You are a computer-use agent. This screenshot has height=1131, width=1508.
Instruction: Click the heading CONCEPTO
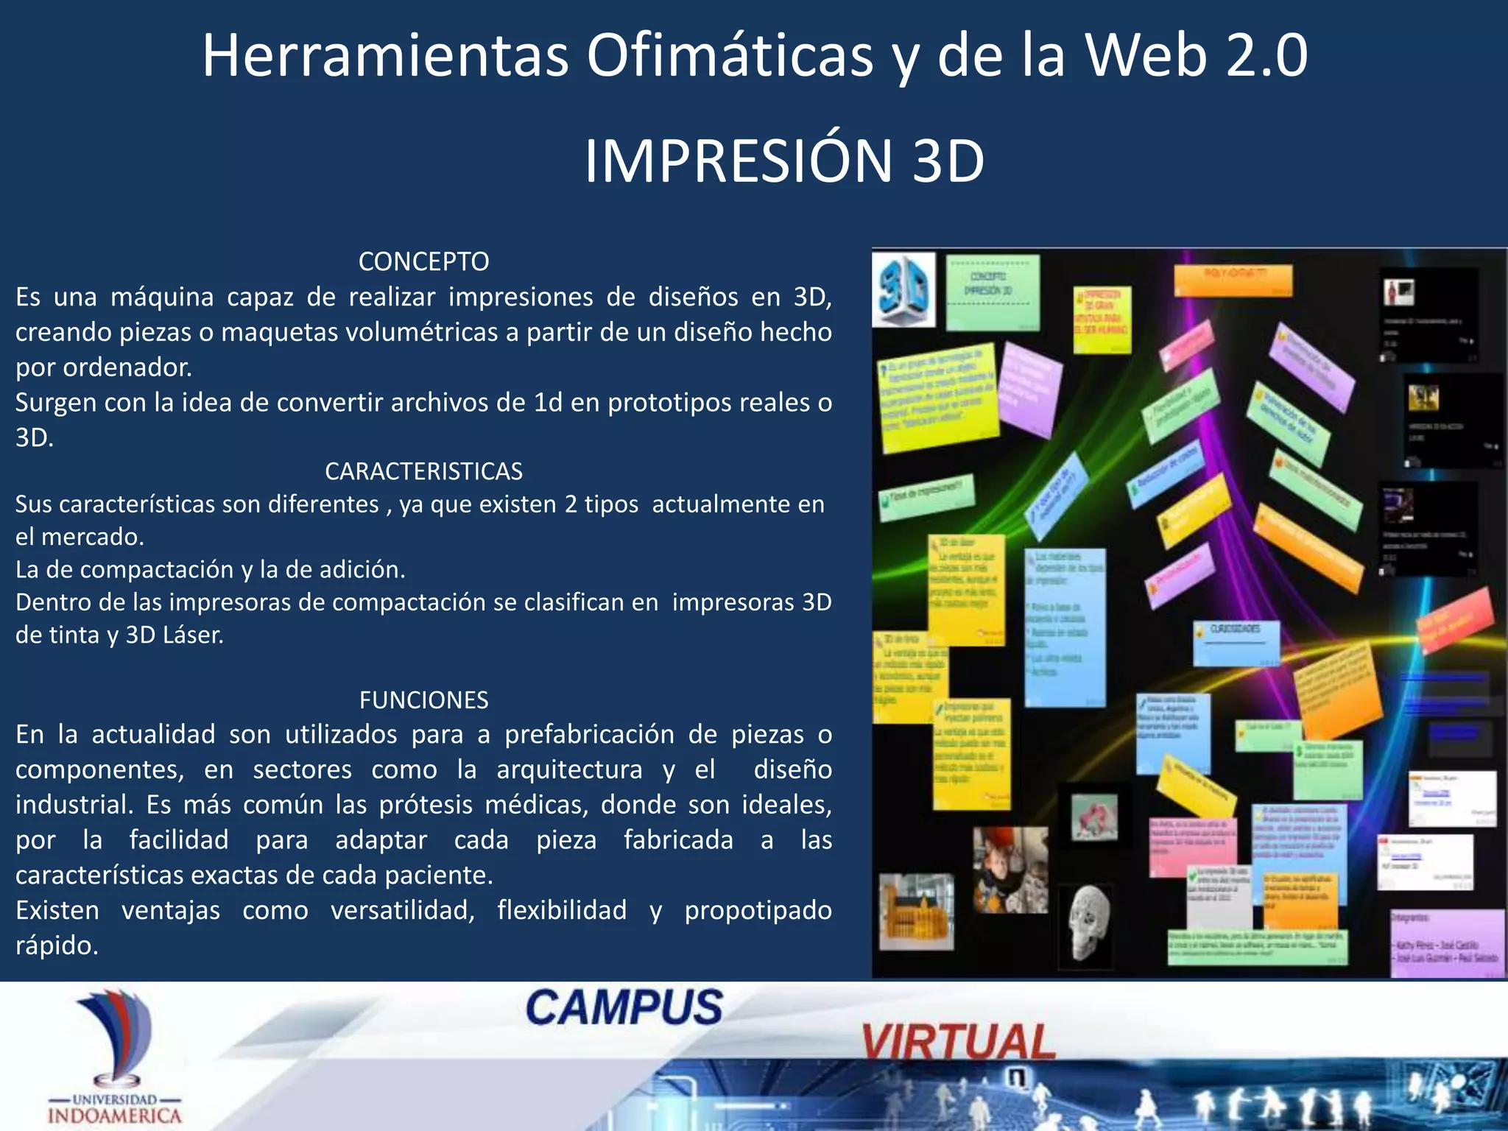[x=423, y=261]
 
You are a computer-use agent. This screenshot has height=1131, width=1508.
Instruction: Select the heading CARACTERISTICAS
[x=423, y=471]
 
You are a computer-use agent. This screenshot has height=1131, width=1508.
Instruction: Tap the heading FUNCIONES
[x=423, y=700]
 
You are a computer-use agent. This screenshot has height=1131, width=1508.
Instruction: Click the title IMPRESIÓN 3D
[x=784, y=161]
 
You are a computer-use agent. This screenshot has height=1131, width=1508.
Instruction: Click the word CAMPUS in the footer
[x=624, y=1007]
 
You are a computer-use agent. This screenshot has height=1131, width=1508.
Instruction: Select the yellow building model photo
[x=916, y=912]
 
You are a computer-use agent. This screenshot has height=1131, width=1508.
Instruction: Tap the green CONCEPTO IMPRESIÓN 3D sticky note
[x=992, y=292]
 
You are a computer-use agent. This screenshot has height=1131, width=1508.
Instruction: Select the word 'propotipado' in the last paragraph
[x=758, y=910]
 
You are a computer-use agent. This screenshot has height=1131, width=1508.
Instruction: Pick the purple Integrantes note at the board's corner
[x=1446, y=943]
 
